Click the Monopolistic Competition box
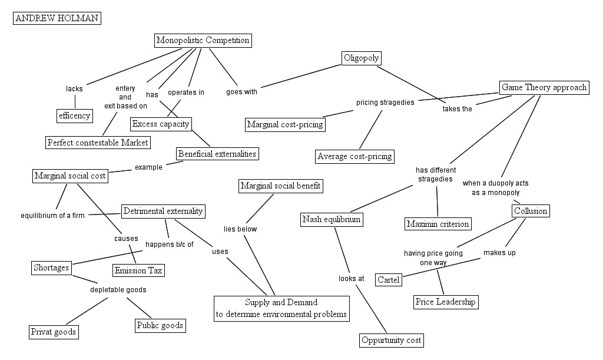pos(203,41)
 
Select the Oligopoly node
pos(361,58)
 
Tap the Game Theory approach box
pos(544,88)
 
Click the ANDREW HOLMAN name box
pos(57,18)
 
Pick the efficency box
pos(74,115)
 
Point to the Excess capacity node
pos(161,124)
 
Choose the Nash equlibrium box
pos(331,220)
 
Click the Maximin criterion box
pos(438,224)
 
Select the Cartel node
pos(389,279)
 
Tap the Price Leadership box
pos(445,302)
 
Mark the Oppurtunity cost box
pos(392,341)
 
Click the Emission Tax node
pos(138,270)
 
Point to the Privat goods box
pos(54,332)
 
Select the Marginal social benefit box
pos(281,186)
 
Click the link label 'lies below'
pos(240,229)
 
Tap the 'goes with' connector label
pos(241,91)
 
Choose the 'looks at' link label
pos(352,278)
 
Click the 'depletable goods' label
pos(118,290)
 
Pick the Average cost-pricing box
pos(354,156)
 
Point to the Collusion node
pos(531,211)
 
